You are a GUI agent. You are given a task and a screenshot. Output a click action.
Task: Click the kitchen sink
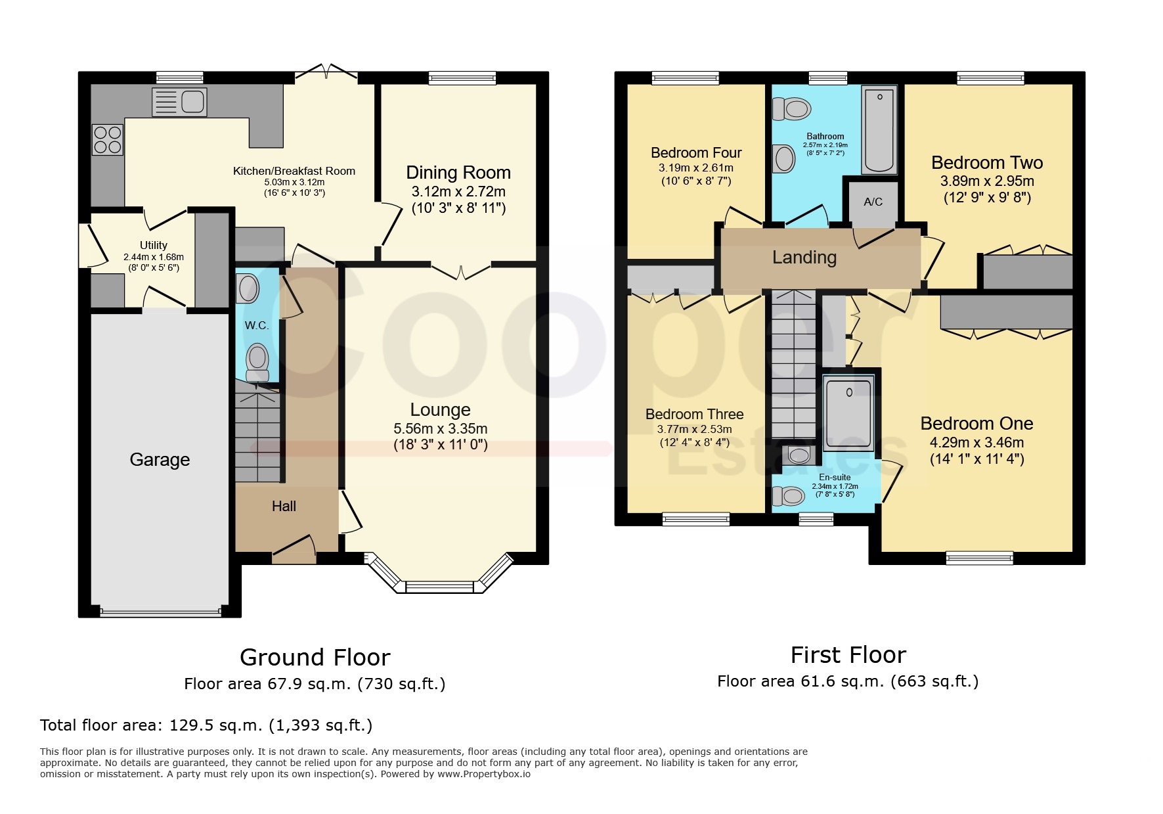click(179, 102)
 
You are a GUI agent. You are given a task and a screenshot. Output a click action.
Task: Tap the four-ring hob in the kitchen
click(108, 139)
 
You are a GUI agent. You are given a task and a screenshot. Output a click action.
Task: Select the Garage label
click(160, 459)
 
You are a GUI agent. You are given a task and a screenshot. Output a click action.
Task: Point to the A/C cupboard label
click(873, 202)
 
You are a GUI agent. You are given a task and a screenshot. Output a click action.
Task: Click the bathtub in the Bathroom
click(879, 129)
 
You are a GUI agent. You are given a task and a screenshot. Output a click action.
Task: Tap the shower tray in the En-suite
click(848, 412)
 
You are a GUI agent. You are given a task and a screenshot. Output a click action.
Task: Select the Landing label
click(804, 258)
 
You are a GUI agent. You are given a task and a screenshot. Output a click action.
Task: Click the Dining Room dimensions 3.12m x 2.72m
click(458, 192)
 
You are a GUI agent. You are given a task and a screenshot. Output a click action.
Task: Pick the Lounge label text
click(440, 410)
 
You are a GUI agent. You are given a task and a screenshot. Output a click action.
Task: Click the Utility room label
click(154, 245)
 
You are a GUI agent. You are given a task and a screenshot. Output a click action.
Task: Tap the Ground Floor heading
click(315, 657)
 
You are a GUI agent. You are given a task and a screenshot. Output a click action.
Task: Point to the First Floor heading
click(848, 655)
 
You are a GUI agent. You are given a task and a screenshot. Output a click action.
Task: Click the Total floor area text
click(206, 725)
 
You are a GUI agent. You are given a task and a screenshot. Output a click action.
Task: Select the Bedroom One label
click(976, 423)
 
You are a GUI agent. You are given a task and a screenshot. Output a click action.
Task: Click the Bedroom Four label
click(696, 152)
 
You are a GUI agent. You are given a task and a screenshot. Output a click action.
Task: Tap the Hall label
click(284, 506)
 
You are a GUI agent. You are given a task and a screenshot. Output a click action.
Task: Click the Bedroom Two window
click(990, 78)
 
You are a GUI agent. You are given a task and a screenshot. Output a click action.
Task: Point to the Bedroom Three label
click(695, 414)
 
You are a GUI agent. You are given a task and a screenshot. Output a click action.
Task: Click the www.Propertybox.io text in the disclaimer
click(484, 774)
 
